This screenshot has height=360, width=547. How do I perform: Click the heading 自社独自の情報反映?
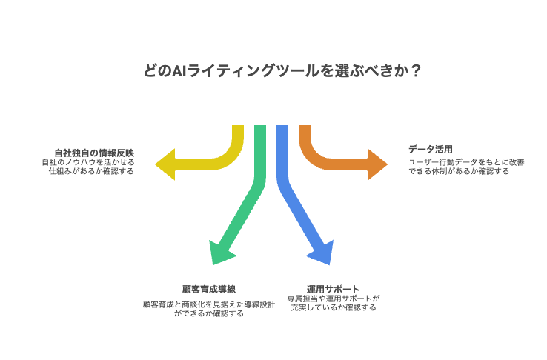tap(93, 151)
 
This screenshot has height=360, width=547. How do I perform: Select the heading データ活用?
tap(425, 149)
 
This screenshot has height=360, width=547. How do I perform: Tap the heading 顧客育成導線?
tap(208, 288)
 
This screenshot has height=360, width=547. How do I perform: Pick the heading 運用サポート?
tap(333, 288)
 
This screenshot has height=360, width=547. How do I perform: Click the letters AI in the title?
tap(179, 71)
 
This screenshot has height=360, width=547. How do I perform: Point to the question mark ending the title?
tap(417, 71)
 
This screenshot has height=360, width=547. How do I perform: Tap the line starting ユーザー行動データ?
tap(466, 161)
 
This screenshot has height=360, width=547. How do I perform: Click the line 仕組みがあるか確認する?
tap(90, 171)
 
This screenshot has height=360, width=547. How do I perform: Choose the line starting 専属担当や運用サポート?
tap(333, 298)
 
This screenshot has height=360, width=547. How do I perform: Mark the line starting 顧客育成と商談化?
tap(208, 304)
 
